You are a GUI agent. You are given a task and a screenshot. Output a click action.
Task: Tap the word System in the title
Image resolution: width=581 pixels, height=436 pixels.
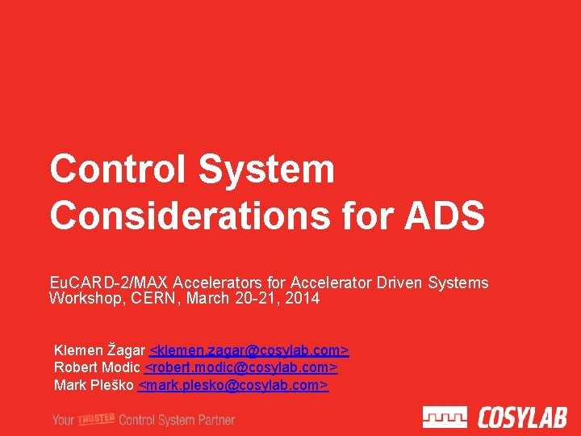(266, 170)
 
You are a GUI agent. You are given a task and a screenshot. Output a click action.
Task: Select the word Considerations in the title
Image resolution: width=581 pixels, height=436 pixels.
(189, 216)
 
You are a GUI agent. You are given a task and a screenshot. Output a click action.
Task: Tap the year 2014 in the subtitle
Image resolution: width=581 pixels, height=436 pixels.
(303, 299)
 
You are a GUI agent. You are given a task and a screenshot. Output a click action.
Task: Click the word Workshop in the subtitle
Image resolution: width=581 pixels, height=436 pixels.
(81, 299)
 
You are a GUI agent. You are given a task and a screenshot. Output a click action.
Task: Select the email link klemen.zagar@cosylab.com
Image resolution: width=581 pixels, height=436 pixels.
(249, 350)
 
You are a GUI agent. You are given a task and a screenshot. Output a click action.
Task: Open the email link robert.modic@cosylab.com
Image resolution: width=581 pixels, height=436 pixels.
(240, 368)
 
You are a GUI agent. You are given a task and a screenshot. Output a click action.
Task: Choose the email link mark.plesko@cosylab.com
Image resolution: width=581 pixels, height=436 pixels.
(233, 385)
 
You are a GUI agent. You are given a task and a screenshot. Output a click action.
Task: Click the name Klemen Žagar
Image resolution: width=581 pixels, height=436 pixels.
(99, 350)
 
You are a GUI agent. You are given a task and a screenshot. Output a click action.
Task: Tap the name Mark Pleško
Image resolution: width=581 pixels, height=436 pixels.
(94, 385)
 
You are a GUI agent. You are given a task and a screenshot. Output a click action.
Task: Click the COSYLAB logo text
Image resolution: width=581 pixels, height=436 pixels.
(522, 417)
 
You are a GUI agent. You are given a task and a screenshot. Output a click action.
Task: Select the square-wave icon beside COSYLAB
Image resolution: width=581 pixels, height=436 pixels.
(445, 417)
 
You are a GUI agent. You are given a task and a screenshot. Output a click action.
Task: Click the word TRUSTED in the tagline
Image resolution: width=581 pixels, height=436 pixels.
(95, 417)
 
